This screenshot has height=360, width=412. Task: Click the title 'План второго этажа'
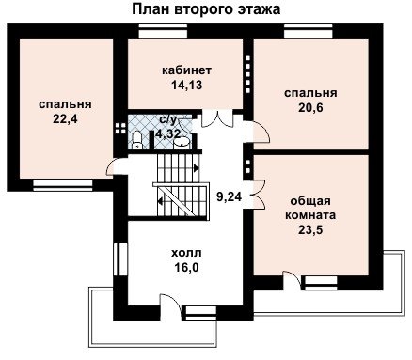coord(206,9)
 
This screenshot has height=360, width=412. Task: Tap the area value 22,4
coord(65,119)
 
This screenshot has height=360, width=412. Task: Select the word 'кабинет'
coord(186,70)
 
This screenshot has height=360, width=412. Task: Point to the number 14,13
coord(186,85)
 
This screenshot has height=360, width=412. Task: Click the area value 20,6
coord(310,107)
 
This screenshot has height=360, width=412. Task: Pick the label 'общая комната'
coord(310,208)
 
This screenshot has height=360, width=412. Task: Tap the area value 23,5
coord(310,230)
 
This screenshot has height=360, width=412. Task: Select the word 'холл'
coord(186,253)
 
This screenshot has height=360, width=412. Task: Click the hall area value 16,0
coord(186,267)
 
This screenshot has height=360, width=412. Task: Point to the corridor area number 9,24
coord(230,196)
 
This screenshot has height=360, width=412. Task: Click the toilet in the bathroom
coord(136,140)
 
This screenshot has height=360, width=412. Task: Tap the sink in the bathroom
coord(182,142)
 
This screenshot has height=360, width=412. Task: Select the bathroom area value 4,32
coord(168,134)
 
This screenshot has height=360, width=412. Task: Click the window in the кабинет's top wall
coord(163,33)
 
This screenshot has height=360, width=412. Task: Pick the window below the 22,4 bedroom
coord(63,185)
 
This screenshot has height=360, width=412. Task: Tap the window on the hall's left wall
coord(120,258)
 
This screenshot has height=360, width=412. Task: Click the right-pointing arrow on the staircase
coord(196,168)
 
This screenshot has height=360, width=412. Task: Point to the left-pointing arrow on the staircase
coord(160,201)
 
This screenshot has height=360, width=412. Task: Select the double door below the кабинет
coord(217,119)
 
